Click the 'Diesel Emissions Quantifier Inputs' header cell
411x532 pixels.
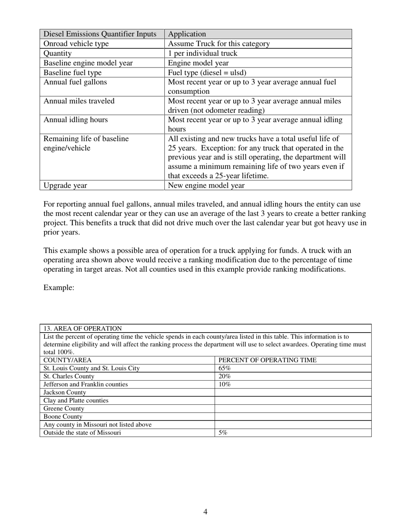(x=100, y=34)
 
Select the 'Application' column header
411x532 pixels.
(x=187, y=34)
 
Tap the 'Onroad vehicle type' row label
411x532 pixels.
(x=76, y=44)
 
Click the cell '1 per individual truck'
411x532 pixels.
(x=202, y=53)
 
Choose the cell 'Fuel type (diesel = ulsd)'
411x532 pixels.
(x=207, y=72)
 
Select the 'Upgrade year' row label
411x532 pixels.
(x=65, y=186)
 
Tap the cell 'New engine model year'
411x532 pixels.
(x=206, y=186)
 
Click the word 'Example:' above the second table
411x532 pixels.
(x=59, y=288)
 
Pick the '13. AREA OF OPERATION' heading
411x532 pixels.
(x=83, y=329)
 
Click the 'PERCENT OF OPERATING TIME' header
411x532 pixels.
(x=267, y=360)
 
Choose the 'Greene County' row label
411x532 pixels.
(x=64, y=408)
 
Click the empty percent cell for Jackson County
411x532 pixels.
(x=293, y=392)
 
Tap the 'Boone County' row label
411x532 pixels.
(x=63, y=417)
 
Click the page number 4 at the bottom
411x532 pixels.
(x=205, y=512)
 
